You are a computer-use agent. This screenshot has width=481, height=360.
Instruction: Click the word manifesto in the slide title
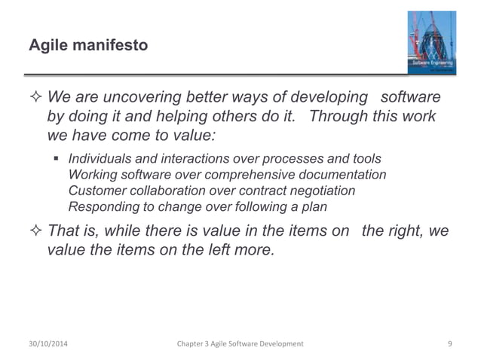click(110, 47)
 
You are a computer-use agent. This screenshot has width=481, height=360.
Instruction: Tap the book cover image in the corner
click(430, 42)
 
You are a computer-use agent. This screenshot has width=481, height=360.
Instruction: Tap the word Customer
click(94, 191)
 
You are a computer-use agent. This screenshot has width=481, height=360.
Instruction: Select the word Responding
click(101, 206)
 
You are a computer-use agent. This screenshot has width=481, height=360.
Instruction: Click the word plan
click(320, 206)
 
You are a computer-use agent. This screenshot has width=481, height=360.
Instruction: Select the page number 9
click(449, 343)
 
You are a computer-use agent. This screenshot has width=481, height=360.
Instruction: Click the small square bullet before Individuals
click(57, 159)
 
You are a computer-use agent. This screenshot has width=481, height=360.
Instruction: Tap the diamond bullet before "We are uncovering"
click(35, 100)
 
